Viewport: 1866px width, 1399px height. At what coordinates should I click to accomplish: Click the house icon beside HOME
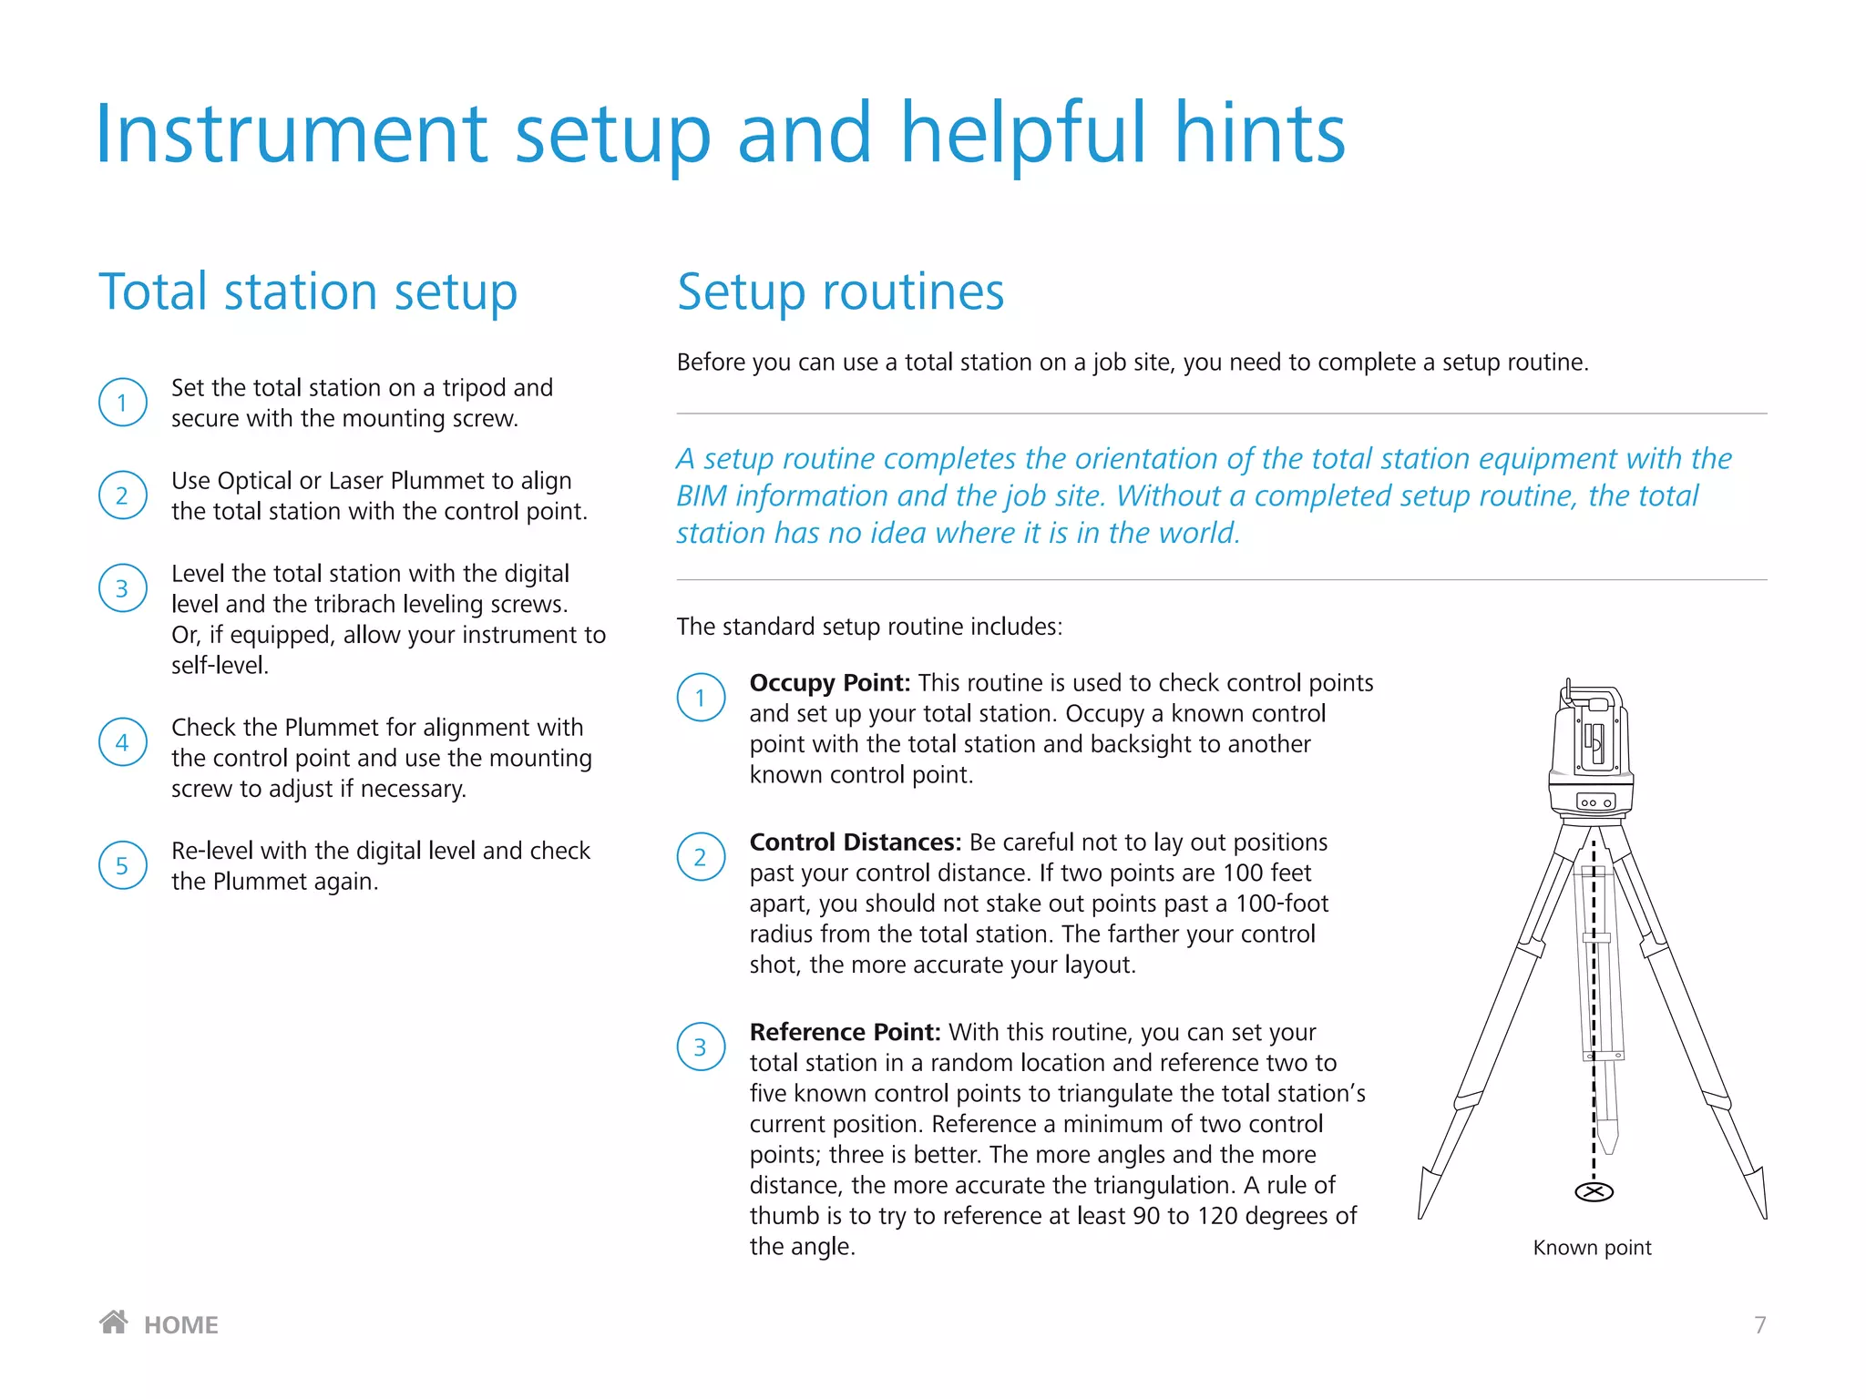click(114, 1322)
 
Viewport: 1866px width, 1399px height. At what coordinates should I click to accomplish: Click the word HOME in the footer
click(181, 1325)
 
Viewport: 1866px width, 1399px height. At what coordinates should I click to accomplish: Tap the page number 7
click(1759, 1325)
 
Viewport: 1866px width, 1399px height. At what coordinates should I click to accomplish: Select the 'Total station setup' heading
click(308, 292)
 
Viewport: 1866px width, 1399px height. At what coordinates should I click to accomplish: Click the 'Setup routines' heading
click(840, 292)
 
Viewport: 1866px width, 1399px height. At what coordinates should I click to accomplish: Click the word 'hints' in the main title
click(1259, 134)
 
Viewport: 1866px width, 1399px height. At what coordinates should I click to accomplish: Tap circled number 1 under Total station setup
click(122, 403)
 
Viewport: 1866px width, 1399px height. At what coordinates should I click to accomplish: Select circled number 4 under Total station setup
click(122, 742)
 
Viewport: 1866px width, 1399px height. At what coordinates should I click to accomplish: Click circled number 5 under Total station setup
click(122, 865)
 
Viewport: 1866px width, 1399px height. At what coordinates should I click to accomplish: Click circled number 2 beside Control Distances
click(701, 857)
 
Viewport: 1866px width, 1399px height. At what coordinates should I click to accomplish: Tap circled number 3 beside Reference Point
click(701, 1047)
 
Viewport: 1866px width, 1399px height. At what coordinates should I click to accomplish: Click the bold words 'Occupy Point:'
click(829, 683)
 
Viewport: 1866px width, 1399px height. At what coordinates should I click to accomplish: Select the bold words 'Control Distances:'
click(855, 842)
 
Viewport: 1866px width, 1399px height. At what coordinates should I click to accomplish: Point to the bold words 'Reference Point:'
click(844, 1032)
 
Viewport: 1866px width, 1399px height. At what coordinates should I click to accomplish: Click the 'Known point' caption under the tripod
click(1592, 1248)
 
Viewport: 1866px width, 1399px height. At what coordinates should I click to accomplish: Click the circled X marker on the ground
click(1594, 1192)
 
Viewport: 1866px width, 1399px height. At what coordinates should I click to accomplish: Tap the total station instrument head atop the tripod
click(1591, 747)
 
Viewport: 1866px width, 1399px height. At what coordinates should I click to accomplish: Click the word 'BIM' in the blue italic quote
click(701, 496)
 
